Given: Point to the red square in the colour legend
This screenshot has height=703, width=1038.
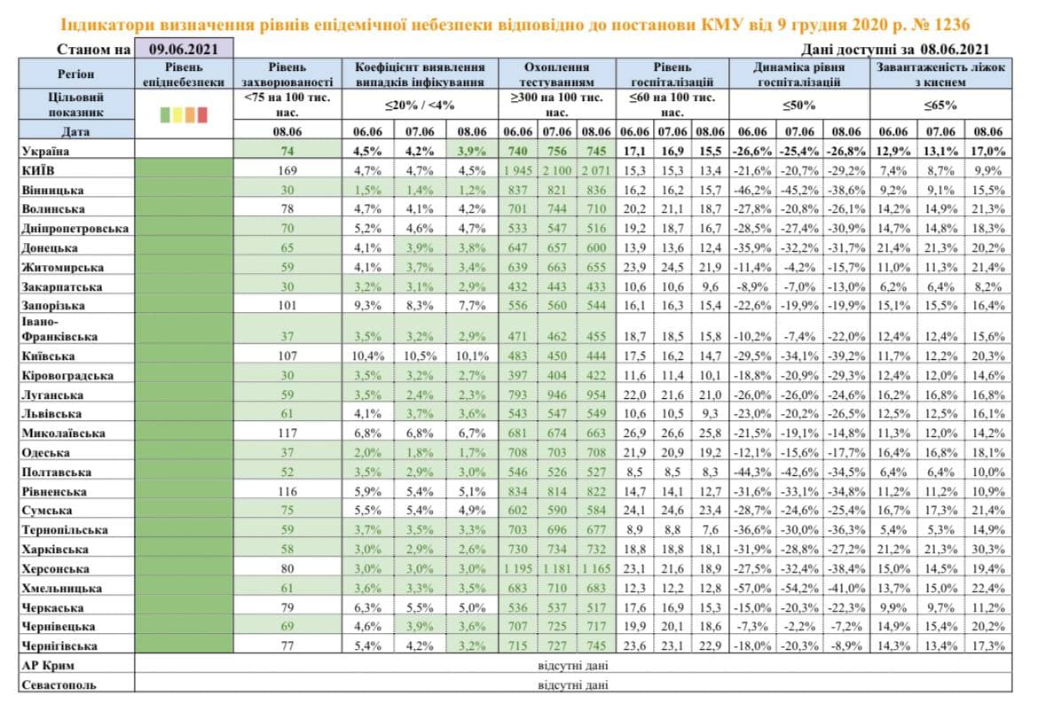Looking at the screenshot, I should pos(202,113).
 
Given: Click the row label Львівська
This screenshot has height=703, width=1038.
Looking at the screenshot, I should pos(51,413).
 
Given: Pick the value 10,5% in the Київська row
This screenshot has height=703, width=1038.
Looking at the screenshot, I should pos(421,355).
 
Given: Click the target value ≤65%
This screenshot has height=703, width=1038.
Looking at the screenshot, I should pos(941,104).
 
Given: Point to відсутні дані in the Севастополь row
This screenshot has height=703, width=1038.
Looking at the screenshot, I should pos(572,684).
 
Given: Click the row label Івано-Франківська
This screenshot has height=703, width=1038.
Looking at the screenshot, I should pos(53,329).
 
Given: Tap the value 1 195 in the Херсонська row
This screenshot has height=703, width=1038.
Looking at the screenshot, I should pos(520,568).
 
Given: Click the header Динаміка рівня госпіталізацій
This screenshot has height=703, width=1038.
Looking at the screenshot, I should pos(799,74).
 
